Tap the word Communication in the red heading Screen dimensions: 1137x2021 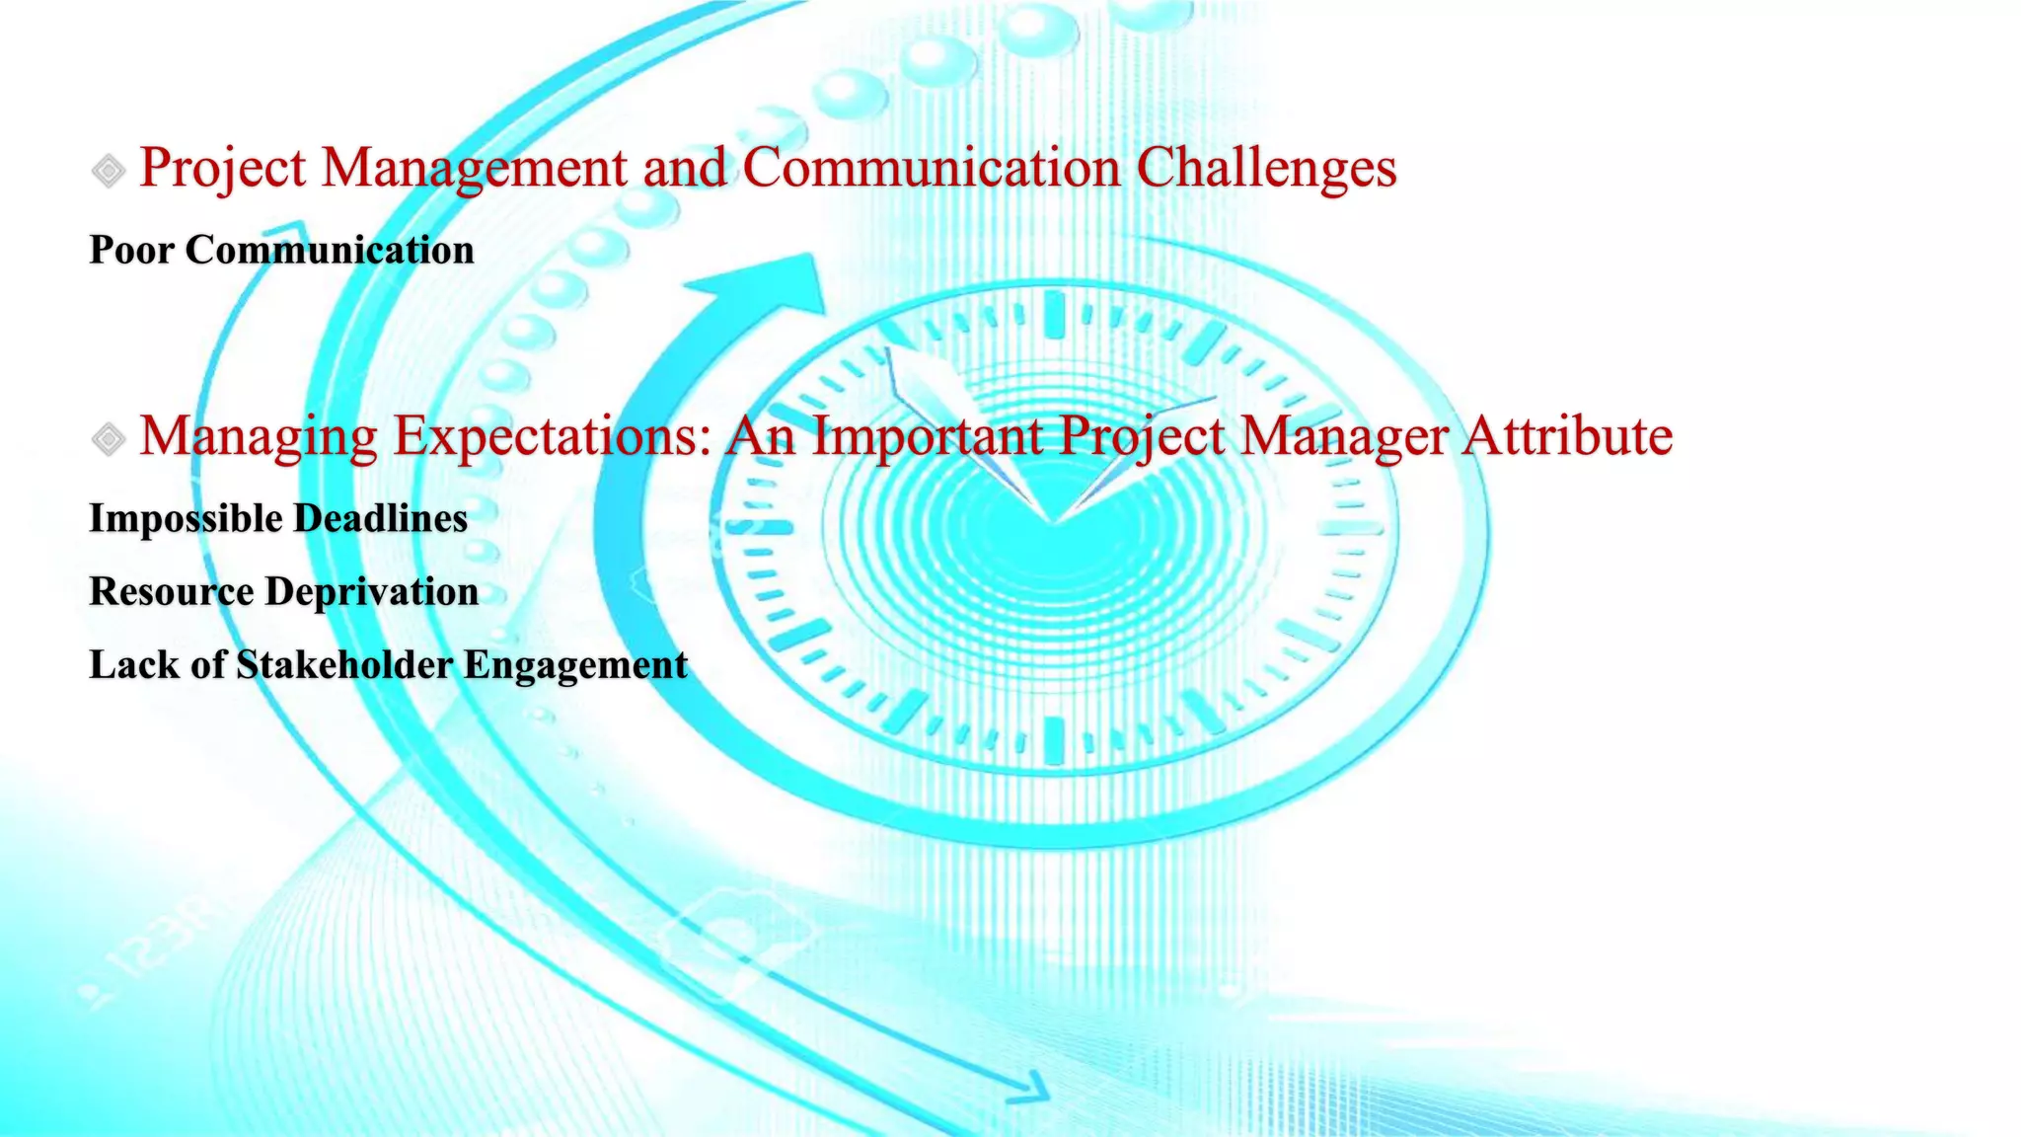(x=931, y=168)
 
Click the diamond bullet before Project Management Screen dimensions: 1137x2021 (x=109, y=171)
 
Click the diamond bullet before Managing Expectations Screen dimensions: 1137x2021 (x=109, y=438)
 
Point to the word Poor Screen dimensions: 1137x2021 (x=131, y=250)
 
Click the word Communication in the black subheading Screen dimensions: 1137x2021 (x=330, y=250)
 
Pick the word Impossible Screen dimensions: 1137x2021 (x=186, y=519)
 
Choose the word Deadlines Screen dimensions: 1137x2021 (x=381, y=519)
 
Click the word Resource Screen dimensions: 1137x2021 (x=171, y=592)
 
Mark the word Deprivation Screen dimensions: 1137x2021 (x=372, y=592)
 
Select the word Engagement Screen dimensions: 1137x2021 (x=575, y=665)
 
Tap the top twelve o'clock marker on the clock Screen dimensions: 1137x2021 (x=1054, y=314)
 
